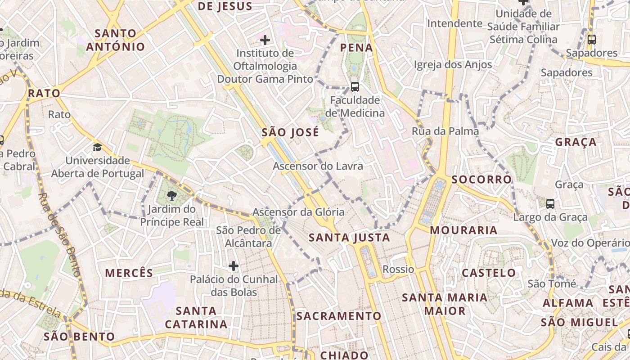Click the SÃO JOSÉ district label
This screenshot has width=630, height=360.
tap(290, 133)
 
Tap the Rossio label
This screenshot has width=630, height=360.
tap(398, 269)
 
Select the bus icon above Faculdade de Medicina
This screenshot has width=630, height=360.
tap(355, 86)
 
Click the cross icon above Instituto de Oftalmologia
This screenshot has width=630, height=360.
tap(265, 40)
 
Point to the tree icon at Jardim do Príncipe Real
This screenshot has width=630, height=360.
tap(171, 195)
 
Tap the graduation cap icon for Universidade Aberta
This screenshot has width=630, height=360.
tap(97, 147)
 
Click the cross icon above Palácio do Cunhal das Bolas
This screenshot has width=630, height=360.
tap(233, 266)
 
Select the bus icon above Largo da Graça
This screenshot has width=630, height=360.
tap(550, 204)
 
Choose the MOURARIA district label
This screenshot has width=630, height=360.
tap(463, 230)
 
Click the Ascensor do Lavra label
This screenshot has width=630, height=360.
tap(318, 166)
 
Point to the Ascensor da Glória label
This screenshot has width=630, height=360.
tap(298, 212)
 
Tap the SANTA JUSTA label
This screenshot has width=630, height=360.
tap(349, 237)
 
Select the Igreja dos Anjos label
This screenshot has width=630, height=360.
tap(453, 65)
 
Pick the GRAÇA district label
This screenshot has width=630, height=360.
tap(576, 142)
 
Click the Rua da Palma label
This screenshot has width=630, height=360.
tap(445, 131)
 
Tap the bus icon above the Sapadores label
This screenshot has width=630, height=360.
tap(591, 40)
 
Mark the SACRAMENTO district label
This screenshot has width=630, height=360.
tap(338, 316)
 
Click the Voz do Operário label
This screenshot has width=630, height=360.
tap(589, 243)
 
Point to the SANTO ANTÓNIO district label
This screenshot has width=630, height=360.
tap(116, 40)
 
